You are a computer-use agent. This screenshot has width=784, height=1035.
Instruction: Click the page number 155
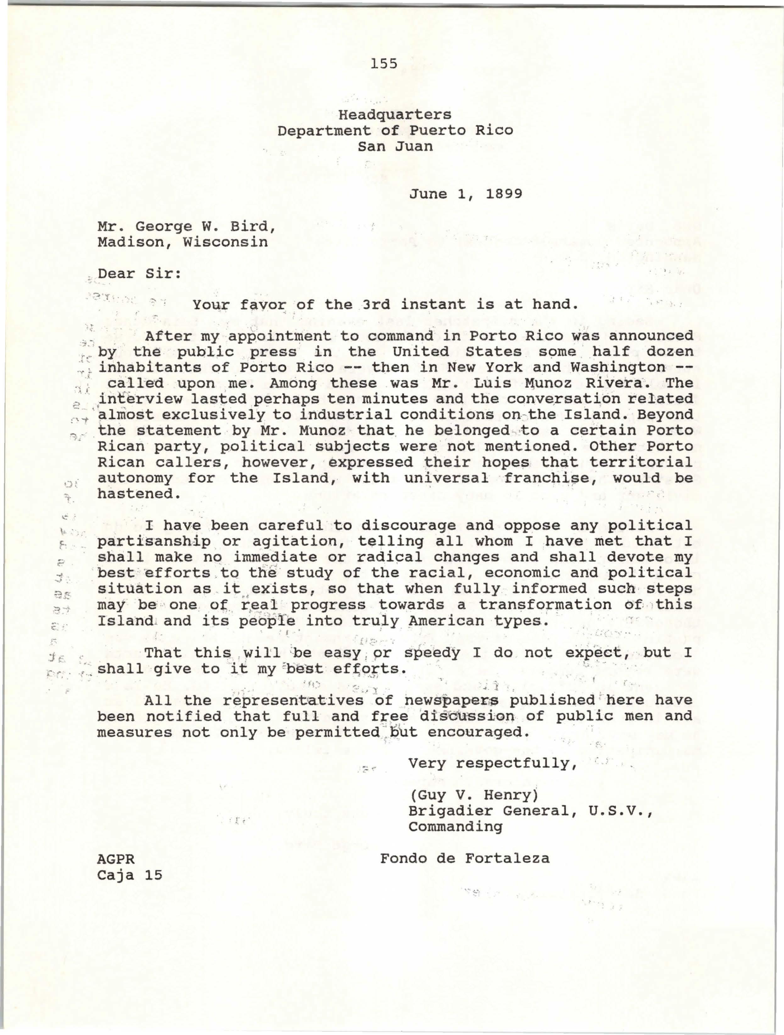[383, 63]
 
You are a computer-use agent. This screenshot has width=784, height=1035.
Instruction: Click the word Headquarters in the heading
[395, 114]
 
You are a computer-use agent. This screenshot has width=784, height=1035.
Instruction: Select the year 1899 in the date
[504, 194]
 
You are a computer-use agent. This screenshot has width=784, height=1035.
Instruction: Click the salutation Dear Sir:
[139, 274]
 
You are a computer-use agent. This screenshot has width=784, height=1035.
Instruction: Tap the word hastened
[138, 494]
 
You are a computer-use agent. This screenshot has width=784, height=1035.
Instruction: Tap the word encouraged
[479, 732]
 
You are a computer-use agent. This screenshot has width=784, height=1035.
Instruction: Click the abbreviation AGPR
[116, 859]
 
